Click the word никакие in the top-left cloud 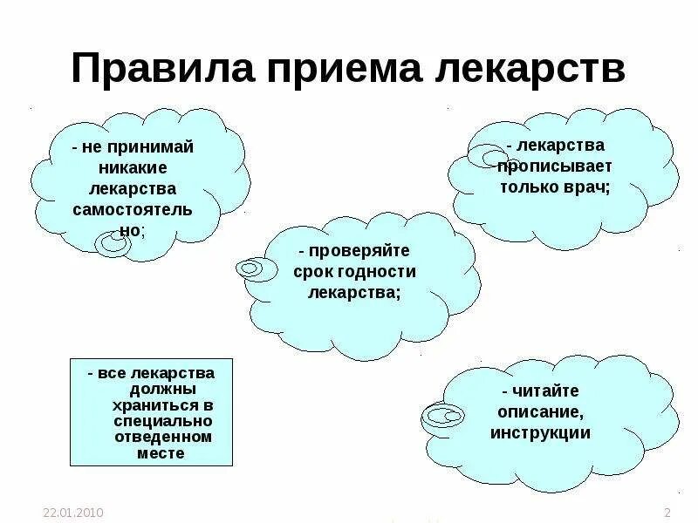[x=133, y=167]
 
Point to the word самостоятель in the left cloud [x=133, y=210]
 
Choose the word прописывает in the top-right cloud [x=556, y=166]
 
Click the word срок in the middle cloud [x=319, y=272]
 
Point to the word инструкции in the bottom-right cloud [x=540, y=433]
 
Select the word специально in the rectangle [x=162, y=422]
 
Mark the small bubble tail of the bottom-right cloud [x=443, y=416]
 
